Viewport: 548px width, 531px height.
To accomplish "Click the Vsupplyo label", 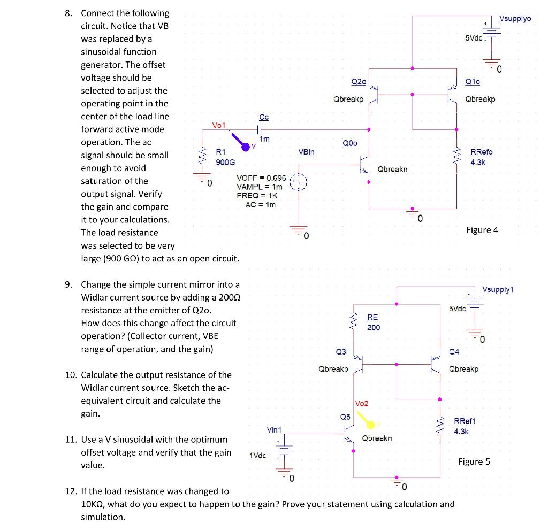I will pyautogui.click(x=515, y=19).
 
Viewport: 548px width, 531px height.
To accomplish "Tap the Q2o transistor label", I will pyautogui.click(x=359, y=81).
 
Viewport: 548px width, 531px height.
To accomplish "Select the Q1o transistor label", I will pyautogui.click(x=473, y=82).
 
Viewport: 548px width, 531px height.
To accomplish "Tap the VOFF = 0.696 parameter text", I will pyautogui.click(x=261, y=178).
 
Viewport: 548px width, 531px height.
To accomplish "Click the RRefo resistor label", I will pyautogui.click(x=481, y=152).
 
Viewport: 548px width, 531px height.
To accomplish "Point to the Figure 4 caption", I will pyautogui.click(x=482, y=230).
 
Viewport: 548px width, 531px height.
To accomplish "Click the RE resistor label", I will pyautogui.click(x=372, y=317).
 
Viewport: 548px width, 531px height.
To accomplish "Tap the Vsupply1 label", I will pyautogui.click(x=498, y=289).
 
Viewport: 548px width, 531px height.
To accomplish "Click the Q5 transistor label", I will pyautogui.click(x=345, y=417).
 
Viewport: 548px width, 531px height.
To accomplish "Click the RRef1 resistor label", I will pyautogui.click(x=465, y=421).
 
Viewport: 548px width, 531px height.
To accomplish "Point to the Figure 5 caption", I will pyautogui.click(x=474, y=461).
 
